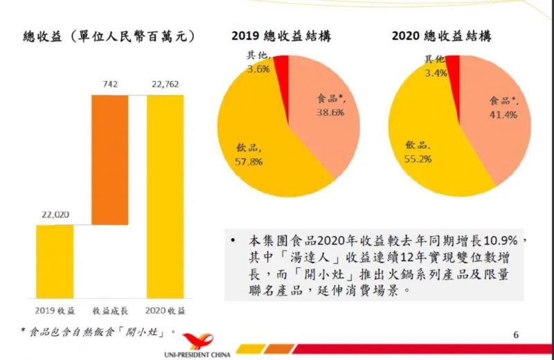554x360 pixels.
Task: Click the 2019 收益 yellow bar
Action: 55,260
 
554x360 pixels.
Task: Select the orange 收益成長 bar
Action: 110,159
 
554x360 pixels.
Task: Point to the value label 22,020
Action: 55,215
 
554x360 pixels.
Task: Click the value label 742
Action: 110,85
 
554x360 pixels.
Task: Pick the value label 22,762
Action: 166,85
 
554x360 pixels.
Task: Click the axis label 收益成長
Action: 110,309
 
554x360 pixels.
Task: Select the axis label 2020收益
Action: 166,309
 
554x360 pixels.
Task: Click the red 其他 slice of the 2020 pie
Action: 453,66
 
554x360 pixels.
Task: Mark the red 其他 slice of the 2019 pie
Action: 282,66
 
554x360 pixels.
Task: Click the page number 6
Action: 516,335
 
